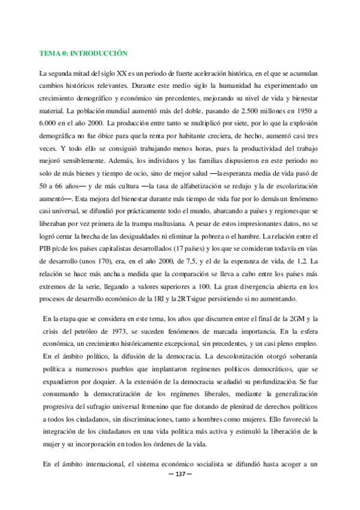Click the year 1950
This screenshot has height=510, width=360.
point(305,111)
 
